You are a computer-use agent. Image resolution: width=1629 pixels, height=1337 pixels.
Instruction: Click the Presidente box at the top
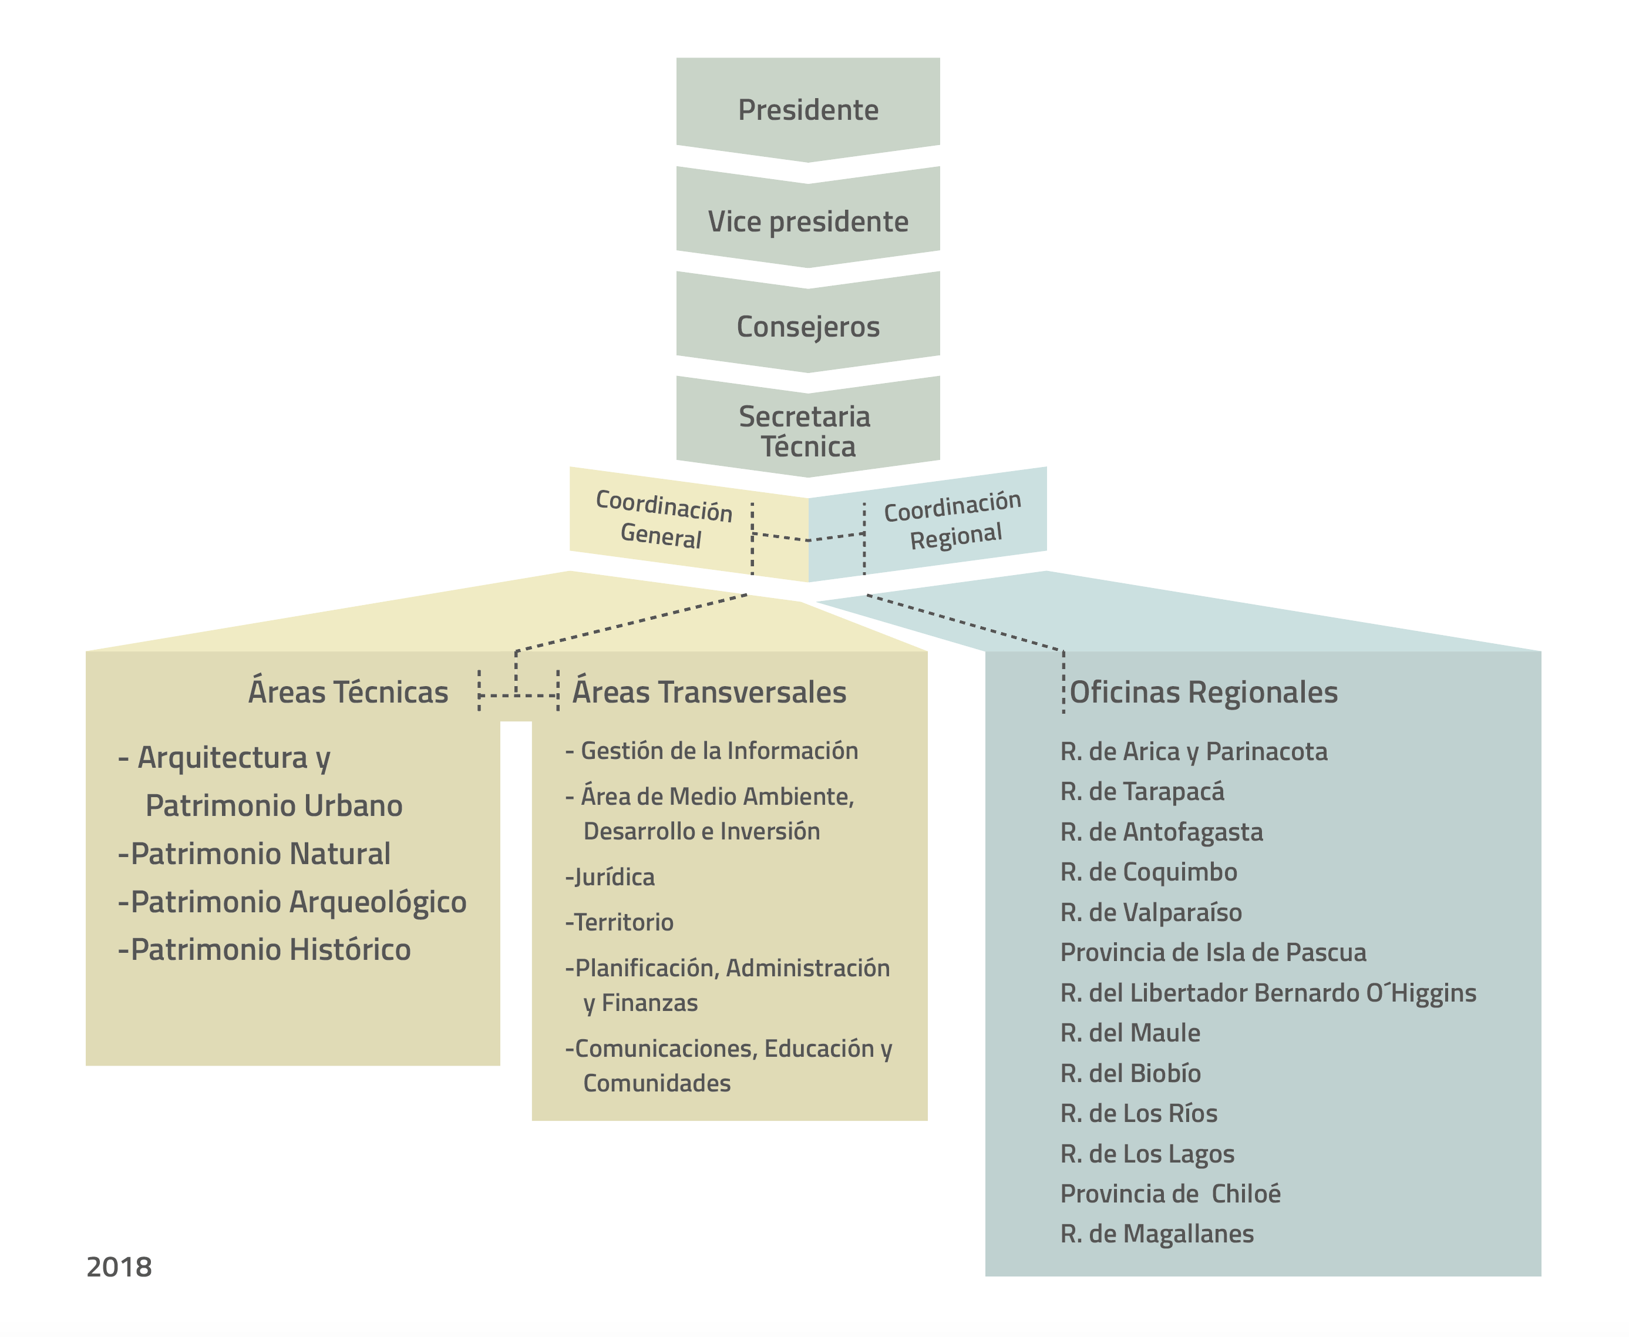[807, 110]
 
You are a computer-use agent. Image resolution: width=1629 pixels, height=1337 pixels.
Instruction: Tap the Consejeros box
[807, 327]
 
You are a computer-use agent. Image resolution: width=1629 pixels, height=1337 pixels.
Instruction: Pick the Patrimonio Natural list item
[255, 854]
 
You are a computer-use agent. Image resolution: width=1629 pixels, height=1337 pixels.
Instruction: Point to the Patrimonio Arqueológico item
[292, 902]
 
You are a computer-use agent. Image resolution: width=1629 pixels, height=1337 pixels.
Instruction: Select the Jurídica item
[611, 877]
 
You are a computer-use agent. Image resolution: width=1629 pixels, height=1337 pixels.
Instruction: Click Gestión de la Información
[712, 751]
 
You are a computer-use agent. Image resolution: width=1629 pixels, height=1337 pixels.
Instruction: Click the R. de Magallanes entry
[1157, 1234]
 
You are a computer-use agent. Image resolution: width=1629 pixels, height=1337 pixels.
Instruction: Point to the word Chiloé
[1246, 1194]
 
